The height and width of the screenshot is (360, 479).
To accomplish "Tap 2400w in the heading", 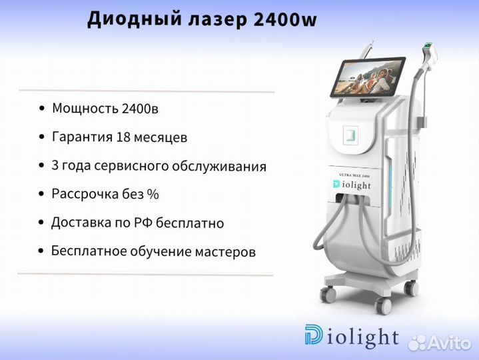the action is (285, 19).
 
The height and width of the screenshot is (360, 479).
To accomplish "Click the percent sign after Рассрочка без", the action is (153, 194).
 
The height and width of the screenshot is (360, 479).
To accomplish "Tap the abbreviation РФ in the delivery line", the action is (143, 223).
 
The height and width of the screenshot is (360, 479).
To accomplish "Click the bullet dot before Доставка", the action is (41, 223).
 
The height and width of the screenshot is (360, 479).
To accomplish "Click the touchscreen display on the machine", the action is (368, 77).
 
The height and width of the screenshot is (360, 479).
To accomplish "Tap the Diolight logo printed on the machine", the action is (352, 184).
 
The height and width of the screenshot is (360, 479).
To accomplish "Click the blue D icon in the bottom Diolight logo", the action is (313, 334).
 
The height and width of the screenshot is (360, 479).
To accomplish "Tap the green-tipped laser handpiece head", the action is (428, 49).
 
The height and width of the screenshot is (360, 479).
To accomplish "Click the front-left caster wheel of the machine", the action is (328, 294).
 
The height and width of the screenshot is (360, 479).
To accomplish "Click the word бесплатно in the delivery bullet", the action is (190, 223).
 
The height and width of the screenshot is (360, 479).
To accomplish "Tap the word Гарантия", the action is (82, 137).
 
